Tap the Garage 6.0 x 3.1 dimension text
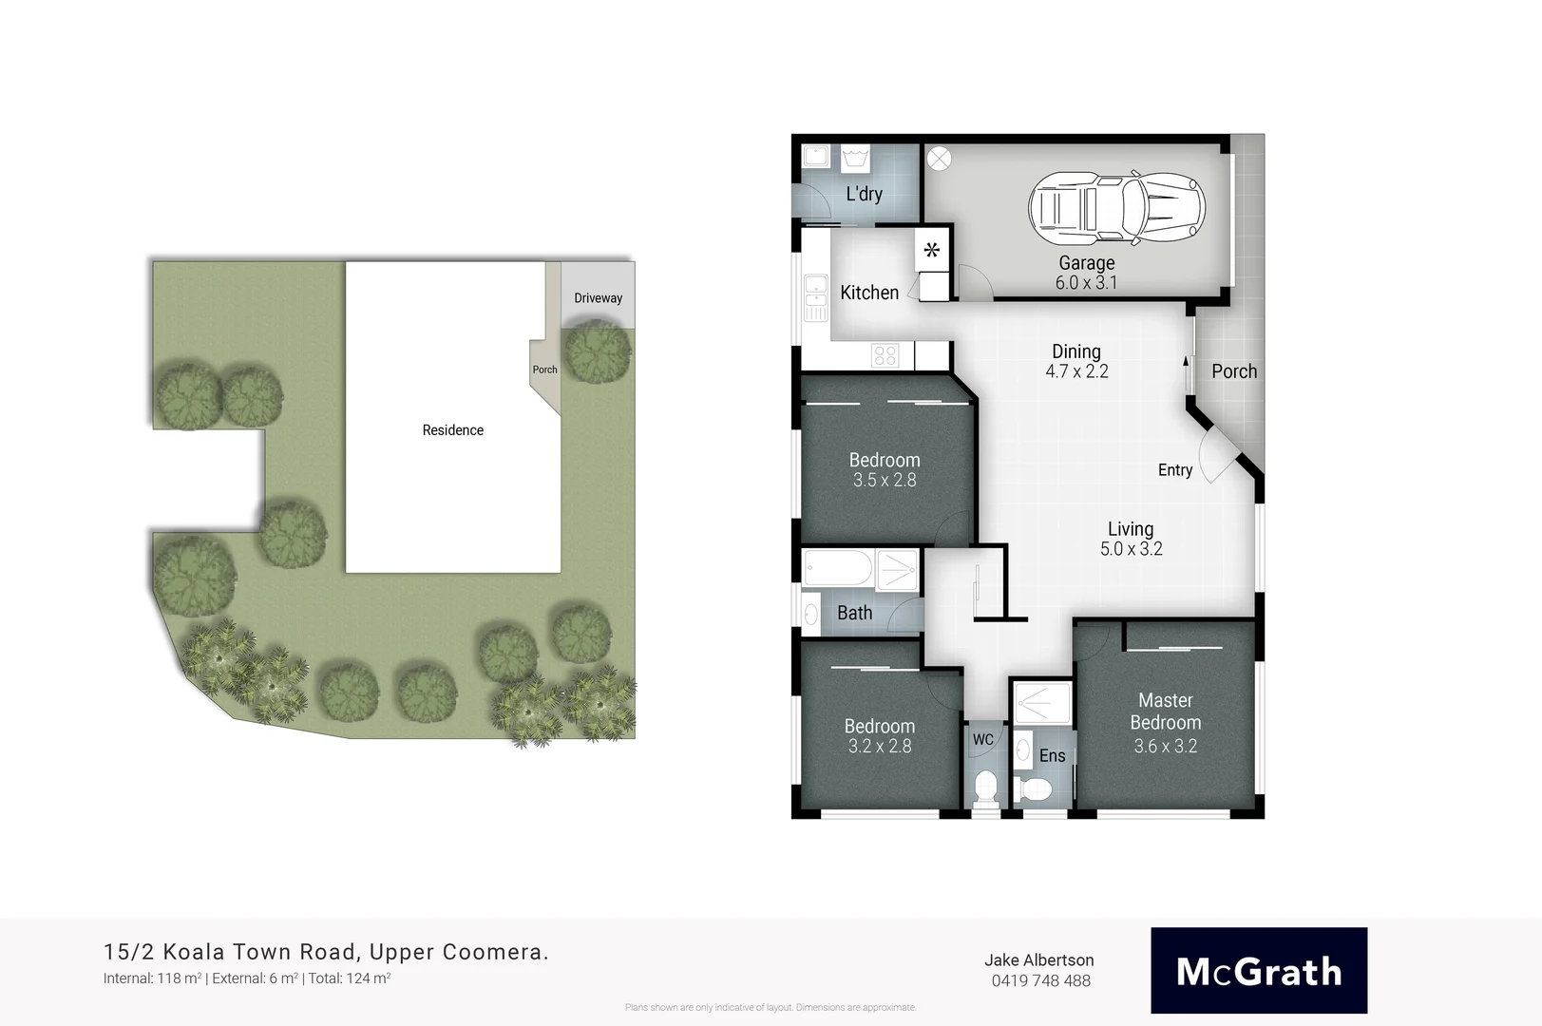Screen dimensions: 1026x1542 pyautogui.click(x=1086, y=283)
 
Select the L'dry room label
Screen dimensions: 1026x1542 pyautogui.click(x=864, y=194)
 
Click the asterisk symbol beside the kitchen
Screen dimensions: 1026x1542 pyautogui.click(x=932, y=251)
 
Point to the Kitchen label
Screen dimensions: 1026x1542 pyautogui.click(x=868, y=293)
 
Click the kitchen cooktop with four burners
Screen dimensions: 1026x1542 pyautogui.click(x=885, y=356)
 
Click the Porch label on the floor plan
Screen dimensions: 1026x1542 pyautogui.click(x=1233, y=371)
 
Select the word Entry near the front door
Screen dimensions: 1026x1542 pyautogui.click(x=1174, y=470)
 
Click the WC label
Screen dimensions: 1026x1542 pyautogui.click(x=982, y=739)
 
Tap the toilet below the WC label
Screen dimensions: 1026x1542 pyautogui.click(x=985, y=788)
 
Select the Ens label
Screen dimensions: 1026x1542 pyautogui.click(x=1052, y=756)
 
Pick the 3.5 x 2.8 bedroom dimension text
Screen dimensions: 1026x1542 pyautogui.click(x=884, y=481)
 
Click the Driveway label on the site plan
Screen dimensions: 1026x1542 pyautogui.click(x=598, y=298)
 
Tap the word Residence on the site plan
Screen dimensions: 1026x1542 pyautogui.click(x=452, y=430)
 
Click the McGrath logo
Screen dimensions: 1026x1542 pyautogui.click(x=1258, y=971)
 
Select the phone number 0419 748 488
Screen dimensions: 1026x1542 pyautogui.click(x=1040, y=981)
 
